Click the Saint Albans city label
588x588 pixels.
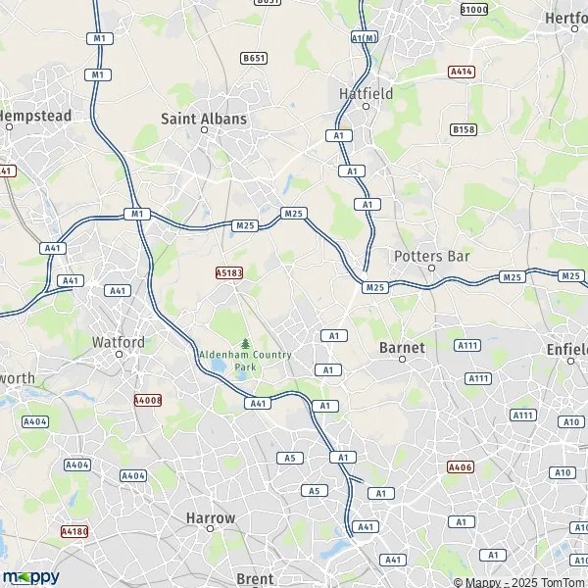204,119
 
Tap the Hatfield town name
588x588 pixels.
366,94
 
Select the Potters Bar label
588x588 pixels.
431,256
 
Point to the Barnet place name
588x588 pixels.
402,348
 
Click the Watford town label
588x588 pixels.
118,342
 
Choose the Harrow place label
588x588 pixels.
210,517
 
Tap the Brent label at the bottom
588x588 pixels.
255,578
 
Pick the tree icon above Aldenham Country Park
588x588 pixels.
245,343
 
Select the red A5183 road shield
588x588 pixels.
228,273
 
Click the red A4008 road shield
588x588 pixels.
147,400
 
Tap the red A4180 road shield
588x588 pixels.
74,531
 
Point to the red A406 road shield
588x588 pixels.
461,466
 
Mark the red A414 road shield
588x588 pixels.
461,72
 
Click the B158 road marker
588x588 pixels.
464,129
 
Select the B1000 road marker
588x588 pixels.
473,9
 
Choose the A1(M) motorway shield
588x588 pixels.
364,37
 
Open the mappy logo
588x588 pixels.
30,576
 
